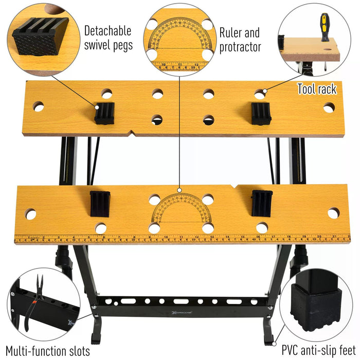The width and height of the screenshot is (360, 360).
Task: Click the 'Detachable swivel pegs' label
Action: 108,38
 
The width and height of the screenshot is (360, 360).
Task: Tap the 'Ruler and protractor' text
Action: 240,40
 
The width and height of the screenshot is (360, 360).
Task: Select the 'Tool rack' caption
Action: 317,89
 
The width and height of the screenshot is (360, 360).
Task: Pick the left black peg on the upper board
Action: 104,113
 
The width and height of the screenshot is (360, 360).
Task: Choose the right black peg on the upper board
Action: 261,113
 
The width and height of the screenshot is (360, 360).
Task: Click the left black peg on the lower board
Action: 100,204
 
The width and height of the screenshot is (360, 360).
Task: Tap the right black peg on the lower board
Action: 262,203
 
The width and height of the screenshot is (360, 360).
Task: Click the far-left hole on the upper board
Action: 39,106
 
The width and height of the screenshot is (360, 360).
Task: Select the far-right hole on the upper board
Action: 329,107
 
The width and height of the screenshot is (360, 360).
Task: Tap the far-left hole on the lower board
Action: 30,214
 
